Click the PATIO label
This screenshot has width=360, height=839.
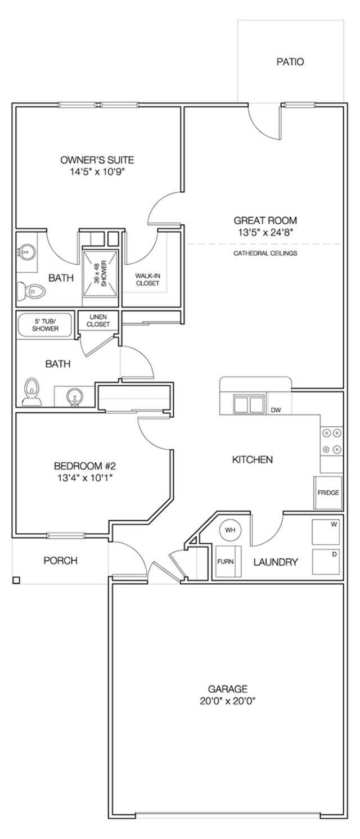pyautogui.click(x=290, y=62)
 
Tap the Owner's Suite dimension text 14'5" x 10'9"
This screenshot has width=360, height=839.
pyautogui.click(x=97, y=172)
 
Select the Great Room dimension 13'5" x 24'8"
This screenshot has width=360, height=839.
pyautogui.click(x=265, y=232)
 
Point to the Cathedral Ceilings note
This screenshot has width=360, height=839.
pyautogui.click(x=265, y=253)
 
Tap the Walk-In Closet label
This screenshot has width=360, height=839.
pyautogui.click(x=147, y=279)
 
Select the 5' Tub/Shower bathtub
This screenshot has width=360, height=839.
pyautogui.click(x=45, y=325)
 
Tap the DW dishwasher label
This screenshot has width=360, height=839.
pyautogui.click(x=276, y=410)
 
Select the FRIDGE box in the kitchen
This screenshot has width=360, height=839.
pyautogui.click(x=328, y=493)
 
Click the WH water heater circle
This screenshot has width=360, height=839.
pyautogui.click(x=230, y=530)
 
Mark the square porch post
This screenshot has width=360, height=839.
pyautogui.click(x=16, y=580)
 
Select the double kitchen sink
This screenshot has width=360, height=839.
pyautogui.click(x=249, y=404)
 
